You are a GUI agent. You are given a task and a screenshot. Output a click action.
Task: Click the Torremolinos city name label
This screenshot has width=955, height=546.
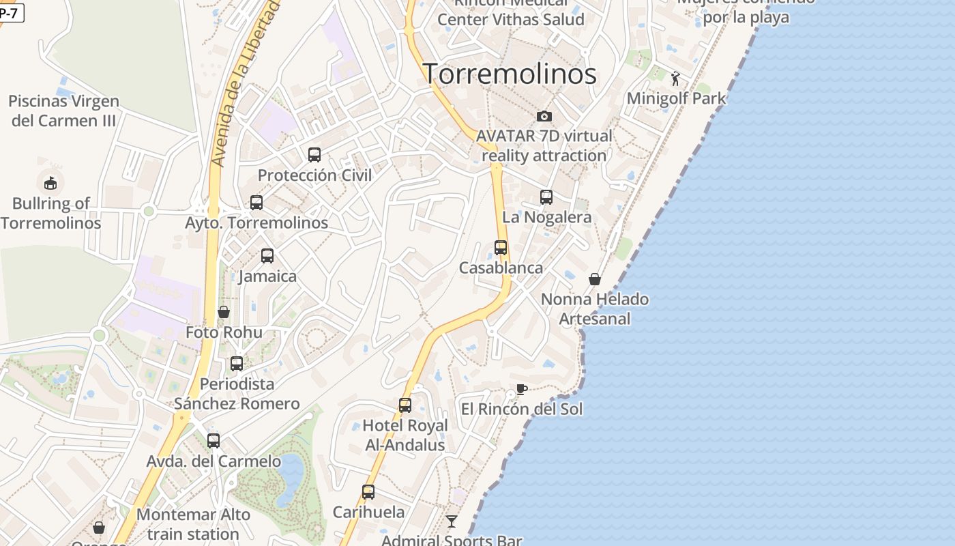click(510, 74)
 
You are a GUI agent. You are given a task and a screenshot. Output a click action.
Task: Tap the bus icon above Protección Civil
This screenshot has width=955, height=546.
click(314, 155)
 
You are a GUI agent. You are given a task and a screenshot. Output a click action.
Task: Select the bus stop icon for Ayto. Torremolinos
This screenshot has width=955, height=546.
click(256, 203)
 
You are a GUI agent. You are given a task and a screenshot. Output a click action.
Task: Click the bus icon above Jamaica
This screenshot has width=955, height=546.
click(267, 256)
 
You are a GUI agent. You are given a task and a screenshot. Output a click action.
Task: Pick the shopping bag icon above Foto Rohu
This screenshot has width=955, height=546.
click(224, 312)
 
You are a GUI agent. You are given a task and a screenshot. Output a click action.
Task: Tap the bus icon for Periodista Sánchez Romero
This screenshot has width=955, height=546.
click(237, 364)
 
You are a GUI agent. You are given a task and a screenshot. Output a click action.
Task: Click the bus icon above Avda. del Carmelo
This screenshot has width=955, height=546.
click(214, 441)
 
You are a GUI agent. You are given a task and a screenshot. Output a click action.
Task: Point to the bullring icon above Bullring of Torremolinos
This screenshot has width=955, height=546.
click(50, 183)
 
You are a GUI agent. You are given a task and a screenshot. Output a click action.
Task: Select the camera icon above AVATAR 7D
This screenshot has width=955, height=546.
click(544, 116)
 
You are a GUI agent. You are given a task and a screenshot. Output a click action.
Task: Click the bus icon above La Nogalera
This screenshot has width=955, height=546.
click(546, 197)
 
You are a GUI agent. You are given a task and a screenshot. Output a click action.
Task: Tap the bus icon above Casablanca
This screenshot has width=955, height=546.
click(501, 248)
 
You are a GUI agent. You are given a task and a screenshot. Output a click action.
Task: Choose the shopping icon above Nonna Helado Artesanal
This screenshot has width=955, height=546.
click(595, 279)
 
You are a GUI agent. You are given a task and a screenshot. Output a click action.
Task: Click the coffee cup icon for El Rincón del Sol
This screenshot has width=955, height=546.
click(522, 389)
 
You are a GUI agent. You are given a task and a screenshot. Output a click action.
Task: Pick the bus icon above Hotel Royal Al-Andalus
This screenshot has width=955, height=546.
click(405, 405)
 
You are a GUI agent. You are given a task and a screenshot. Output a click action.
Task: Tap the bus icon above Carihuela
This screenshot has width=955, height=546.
click(368, 492)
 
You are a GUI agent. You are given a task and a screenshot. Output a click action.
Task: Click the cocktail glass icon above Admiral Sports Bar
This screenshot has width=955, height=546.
click(452, 521)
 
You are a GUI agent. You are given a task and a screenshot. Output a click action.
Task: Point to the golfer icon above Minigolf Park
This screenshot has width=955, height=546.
click(675, 78)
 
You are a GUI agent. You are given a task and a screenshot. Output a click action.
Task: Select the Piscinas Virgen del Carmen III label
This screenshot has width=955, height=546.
click(63, 111)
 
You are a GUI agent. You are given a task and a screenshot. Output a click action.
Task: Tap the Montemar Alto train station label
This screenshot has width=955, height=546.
click(194, 524)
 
